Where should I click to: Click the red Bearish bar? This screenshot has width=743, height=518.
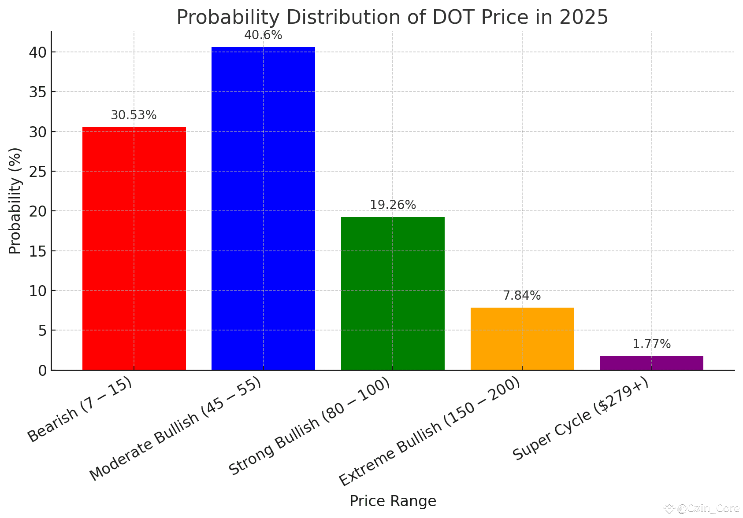point(134,249)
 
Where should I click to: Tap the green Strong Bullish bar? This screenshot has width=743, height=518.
point(393,293)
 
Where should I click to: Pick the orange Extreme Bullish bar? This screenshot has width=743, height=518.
point(522,338)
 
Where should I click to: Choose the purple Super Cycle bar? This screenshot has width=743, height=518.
point(651,363)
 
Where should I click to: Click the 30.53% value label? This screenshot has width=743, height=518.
point(134,115)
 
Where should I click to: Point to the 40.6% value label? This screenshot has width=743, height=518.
point(263,35)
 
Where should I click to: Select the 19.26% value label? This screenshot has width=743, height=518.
point(393,205)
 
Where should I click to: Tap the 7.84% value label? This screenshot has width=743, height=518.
point(522,296)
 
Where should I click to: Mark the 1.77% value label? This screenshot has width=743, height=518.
point(651,344)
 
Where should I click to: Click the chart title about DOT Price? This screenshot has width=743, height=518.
point(392,18)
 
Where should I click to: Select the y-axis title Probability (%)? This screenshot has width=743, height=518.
point(15,201)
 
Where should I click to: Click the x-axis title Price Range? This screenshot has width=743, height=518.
point(393,501)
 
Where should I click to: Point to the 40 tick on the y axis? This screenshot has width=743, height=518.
point(39,52)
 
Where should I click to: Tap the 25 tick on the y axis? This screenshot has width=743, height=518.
point(39,171)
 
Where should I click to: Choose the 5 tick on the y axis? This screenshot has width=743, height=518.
point(42,330)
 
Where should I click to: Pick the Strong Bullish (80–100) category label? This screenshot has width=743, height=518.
point(309,426)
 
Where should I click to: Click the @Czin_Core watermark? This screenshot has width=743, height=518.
point(708,509)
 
